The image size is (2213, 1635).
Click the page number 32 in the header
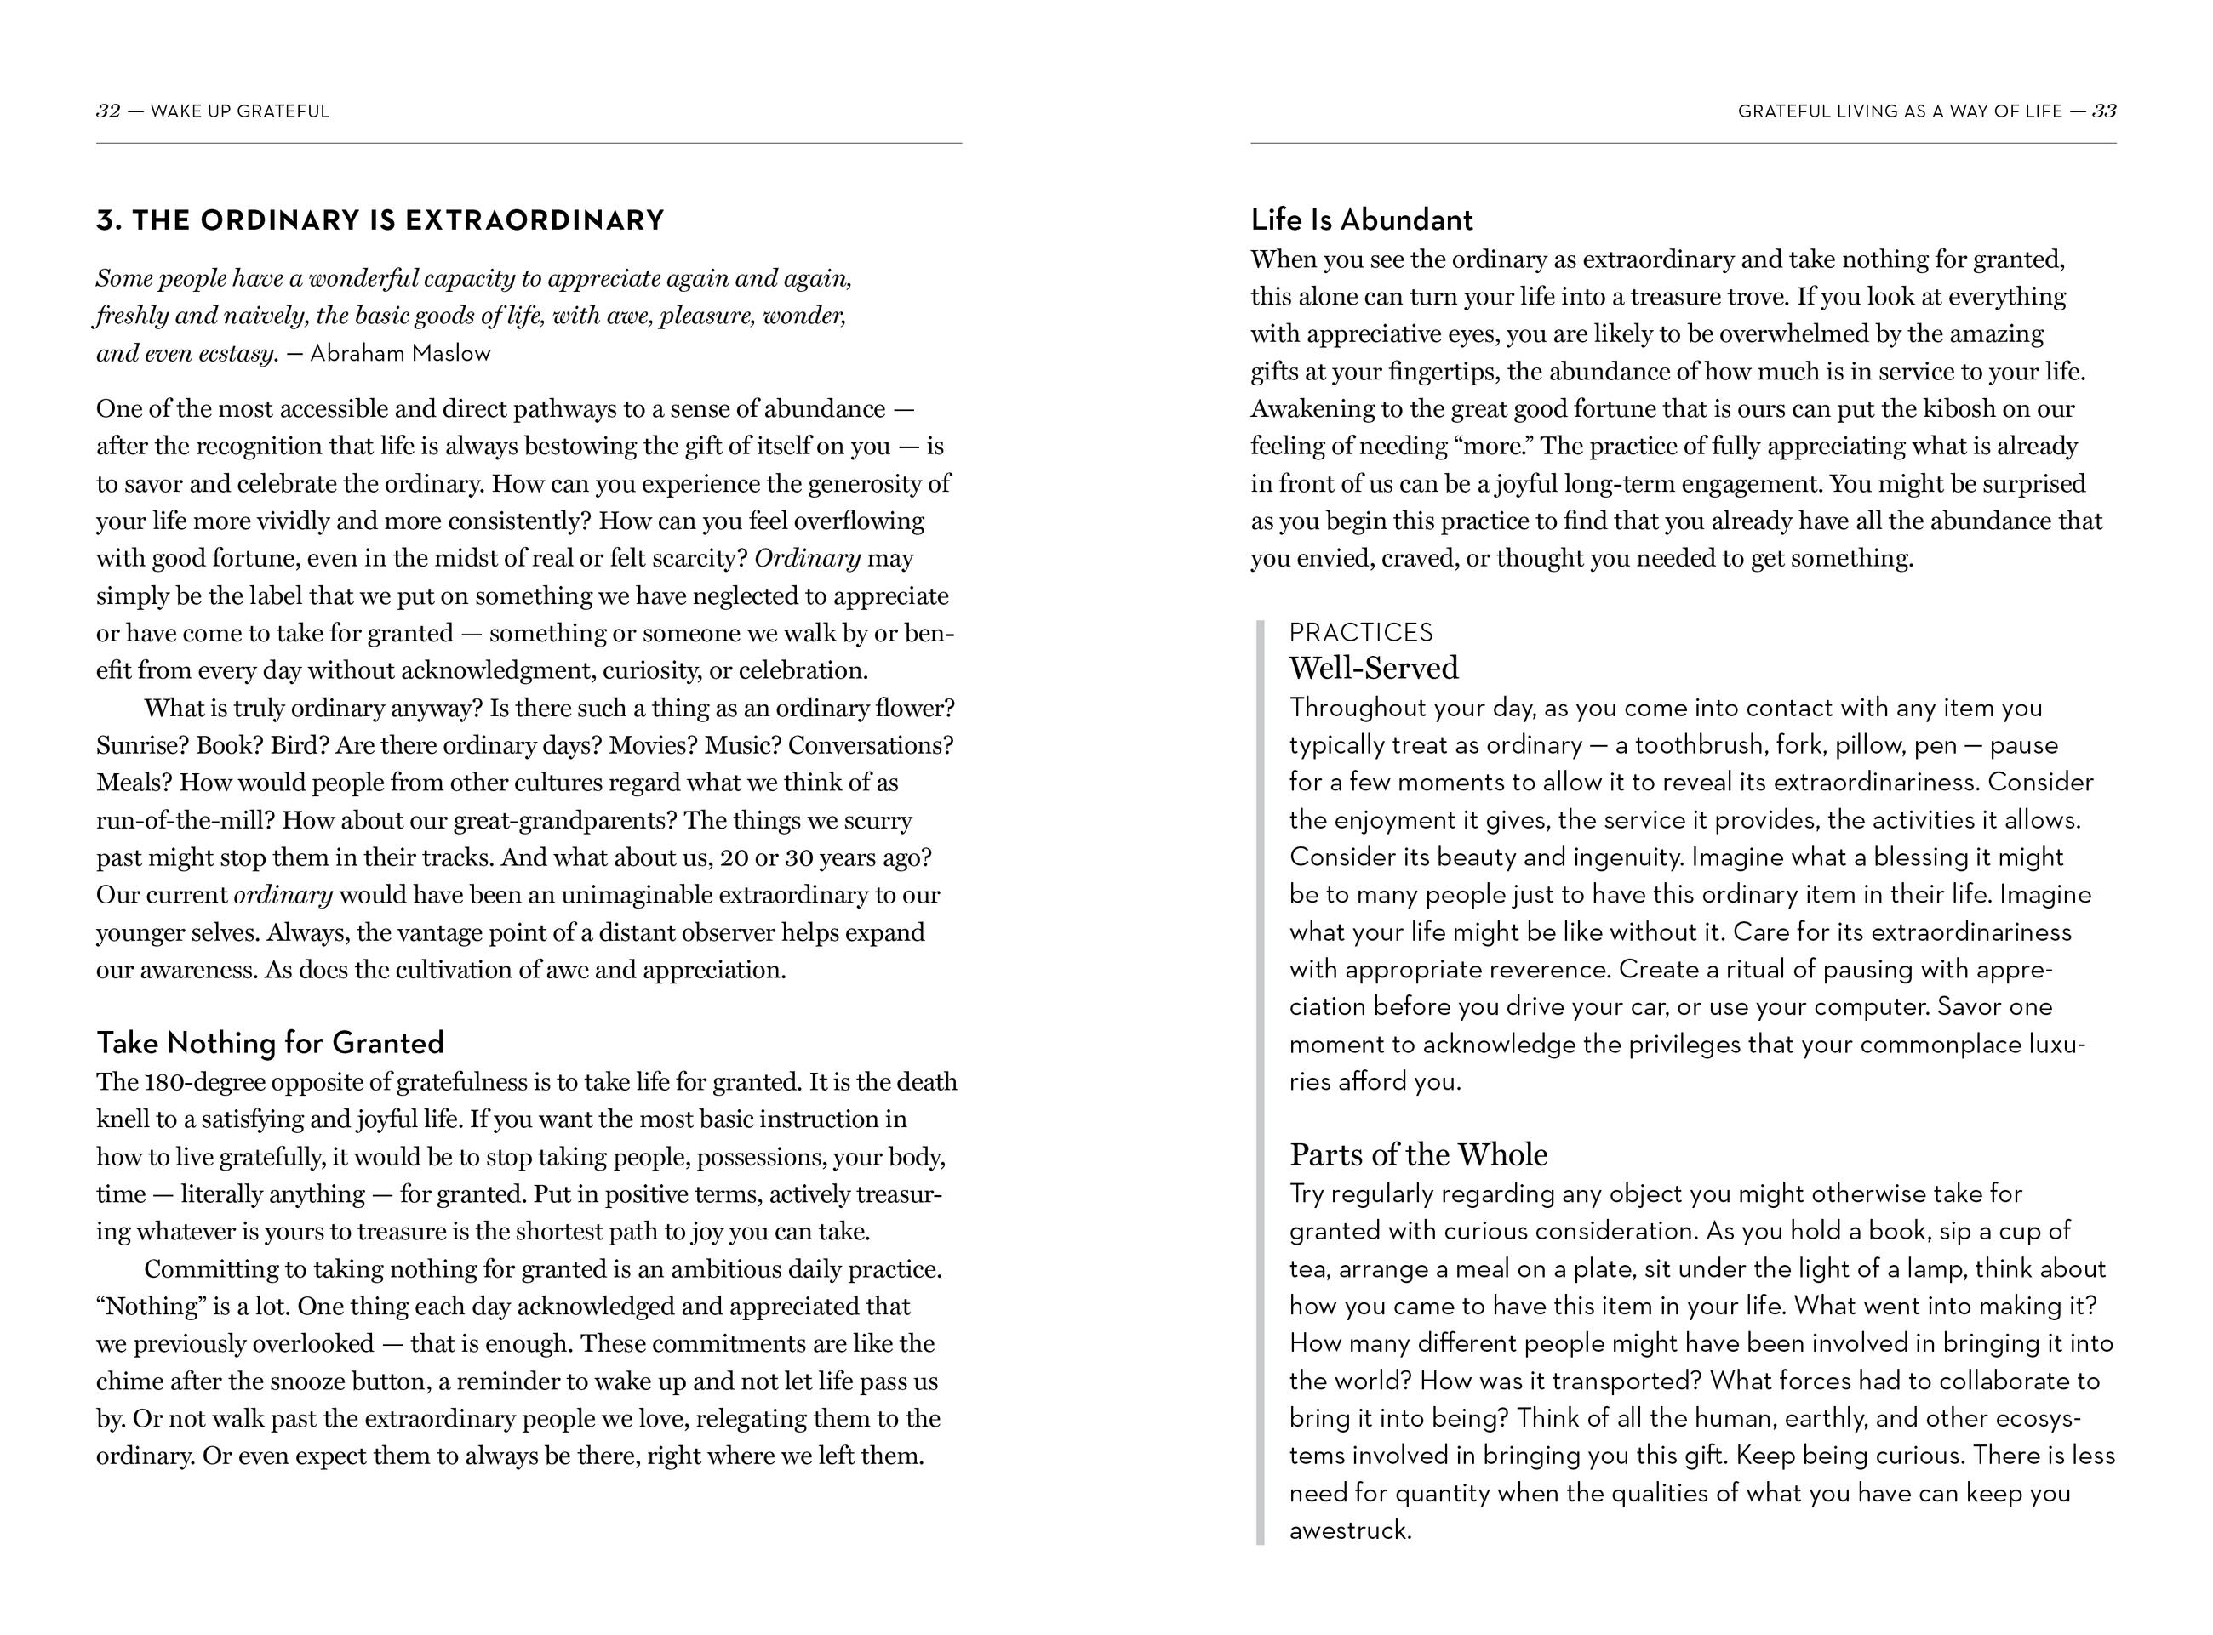point(108,111)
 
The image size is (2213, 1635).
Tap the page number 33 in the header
point(2104,111)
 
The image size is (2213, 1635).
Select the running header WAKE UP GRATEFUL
point(241,111)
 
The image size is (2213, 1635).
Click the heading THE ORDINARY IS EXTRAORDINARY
point(380,219)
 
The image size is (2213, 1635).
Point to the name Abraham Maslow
point(400,353)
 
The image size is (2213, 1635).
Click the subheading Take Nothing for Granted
point(269,1043)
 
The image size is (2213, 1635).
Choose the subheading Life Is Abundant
point(1362,219)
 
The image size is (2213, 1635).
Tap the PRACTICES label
point(1360,632)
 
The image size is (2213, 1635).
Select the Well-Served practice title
point(1374,668)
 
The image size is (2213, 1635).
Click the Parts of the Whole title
point(1418,1155)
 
